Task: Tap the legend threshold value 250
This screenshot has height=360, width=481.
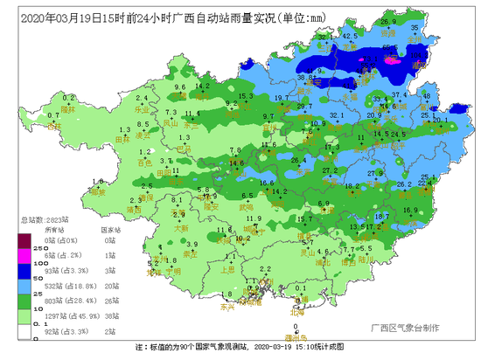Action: (13, 246)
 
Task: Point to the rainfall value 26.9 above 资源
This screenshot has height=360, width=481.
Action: (388, 20)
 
